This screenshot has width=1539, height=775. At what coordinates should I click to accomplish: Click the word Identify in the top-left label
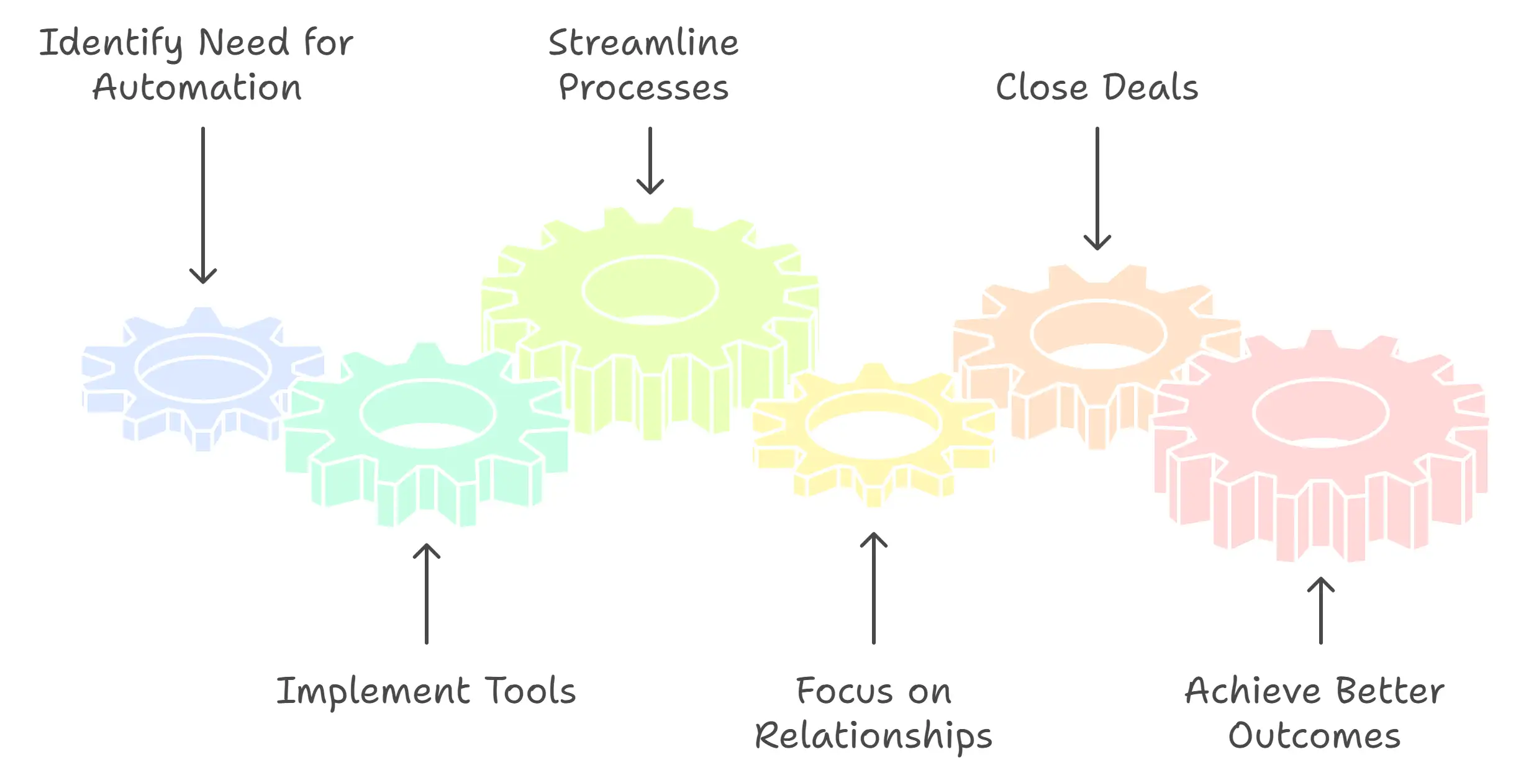[111, 43]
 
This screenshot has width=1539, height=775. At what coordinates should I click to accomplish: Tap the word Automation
[197, 88]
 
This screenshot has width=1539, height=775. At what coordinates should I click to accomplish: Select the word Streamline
[643, 43]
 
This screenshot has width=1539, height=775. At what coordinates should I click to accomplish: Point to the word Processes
[643, 88]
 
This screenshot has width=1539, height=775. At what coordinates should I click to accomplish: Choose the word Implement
[373, 691]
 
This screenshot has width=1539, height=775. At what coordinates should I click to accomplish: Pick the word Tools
[531, 691]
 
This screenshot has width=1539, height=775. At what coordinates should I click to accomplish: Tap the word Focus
[845, 691]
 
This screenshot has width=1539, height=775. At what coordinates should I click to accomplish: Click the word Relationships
[873, 736]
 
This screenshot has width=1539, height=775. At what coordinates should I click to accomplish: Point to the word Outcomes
[1314, 736]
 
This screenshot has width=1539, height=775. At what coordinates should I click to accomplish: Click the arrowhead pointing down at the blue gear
[203, 276]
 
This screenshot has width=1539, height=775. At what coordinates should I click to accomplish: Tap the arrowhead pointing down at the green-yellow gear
[650, 187]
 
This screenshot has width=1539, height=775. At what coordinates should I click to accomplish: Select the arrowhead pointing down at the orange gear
[1097, 242]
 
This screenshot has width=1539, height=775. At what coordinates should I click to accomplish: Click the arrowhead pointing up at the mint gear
[427, 551]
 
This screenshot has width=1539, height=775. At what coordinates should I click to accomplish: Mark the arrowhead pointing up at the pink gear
[1321, 584]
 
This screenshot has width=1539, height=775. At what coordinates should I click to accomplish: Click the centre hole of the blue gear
[203, 368]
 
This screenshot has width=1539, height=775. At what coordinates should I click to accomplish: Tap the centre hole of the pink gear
[1321, 412]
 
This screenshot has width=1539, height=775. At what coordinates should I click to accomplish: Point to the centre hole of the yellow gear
[874, 425]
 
